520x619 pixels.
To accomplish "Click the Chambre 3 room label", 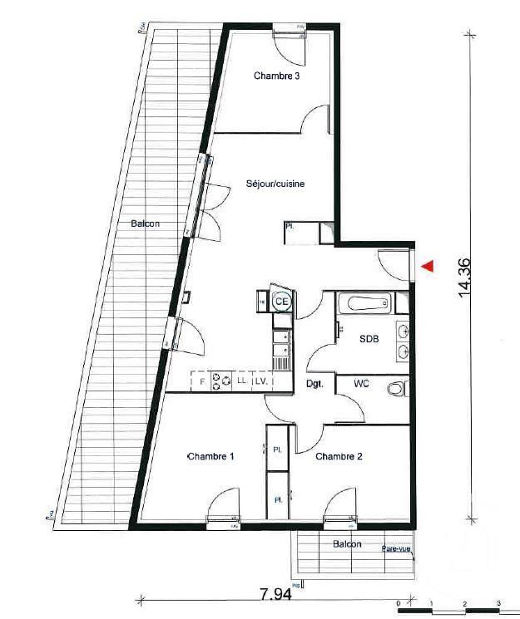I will (x=276, y=76).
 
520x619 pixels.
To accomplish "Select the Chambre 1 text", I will (x=210, y=456).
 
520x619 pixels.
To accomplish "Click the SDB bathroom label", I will (x=368, y=339).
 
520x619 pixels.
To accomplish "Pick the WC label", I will (x=361, y=384).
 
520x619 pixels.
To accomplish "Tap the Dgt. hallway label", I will (x=314, y=384).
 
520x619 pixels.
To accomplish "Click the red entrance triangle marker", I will (x=428, y=267).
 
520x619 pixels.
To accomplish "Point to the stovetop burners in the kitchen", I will (x=222, y=381).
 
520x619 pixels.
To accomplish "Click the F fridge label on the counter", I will (x=201, y=381).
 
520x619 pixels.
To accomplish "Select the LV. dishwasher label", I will (x=260, y=381).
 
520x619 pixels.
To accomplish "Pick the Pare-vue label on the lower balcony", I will (x=396, y=549).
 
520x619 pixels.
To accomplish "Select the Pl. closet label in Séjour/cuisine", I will (x=290, y=226).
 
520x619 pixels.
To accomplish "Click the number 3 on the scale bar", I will (x=498, y=602).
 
